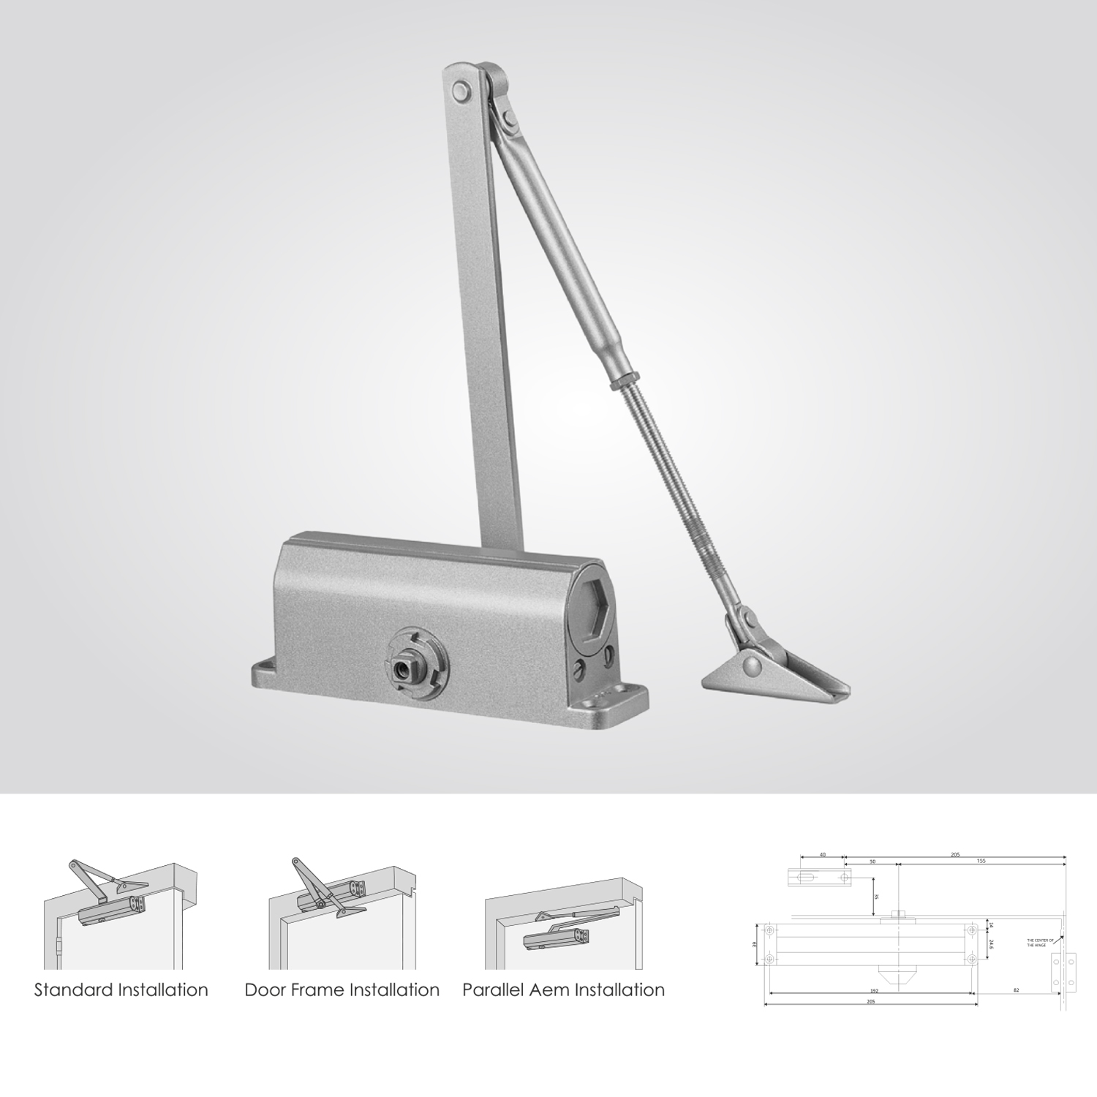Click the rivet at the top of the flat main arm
tap(461, 91)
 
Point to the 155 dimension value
tap(980, 862)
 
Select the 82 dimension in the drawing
tap(1017, 989)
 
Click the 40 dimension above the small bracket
tap(822, 853)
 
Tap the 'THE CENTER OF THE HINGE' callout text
tap(1037, 943)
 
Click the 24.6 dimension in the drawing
tap(991, 944)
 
